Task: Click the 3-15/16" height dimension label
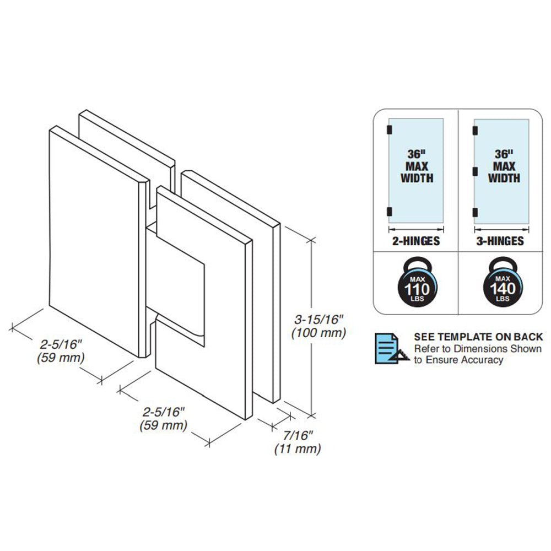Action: (x=318, y=320)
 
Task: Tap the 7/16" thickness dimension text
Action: (x=298, y=435)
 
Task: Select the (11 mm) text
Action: (x=298, y=449)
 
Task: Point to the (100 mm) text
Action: (x=318, y=333)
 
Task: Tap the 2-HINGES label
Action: (x=416, y=241)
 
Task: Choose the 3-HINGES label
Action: (x=500, y=241)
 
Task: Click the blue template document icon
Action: (x=391, y=348)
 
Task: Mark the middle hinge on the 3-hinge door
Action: (x=475, y=171)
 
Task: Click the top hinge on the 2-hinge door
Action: (x=390, y=129)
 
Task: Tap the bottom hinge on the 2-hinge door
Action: (x=390, y=212)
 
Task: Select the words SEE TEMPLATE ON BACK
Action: (x=478, y=337)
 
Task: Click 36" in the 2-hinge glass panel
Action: (x=417, y=154)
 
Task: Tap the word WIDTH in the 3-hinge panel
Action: (x=504, y=178)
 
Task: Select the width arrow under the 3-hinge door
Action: (x=501, y=230)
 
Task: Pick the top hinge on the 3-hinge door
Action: (x=475, y=131)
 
